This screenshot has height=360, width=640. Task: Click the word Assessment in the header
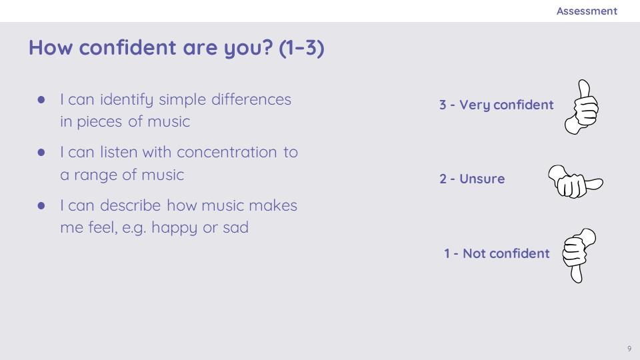point(587,11)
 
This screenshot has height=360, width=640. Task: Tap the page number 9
point(629,349)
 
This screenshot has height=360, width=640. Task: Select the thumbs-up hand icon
point(581,107)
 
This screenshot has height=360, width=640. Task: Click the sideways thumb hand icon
point(575,181)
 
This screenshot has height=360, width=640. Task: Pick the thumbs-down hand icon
point(579,255)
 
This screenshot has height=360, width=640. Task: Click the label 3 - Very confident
point(496,105)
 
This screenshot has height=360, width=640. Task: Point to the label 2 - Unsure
point(472,179)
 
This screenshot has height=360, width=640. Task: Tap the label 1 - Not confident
point(497,253)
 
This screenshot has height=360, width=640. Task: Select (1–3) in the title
point(301,47)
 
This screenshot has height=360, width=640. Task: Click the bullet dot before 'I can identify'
point(41,99)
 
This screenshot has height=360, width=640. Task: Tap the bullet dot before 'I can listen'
point(41,153)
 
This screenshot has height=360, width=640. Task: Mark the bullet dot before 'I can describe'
point(41,205)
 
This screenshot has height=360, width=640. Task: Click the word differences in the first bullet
point(251,99)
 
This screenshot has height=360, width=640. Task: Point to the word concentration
point(227,152)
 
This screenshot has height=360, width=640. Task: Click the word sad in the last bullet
point(235,227)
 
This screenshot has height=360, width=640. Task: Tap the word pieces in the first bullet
point(99,122)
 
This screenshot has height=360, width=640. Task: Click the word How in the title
point(51,47)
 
